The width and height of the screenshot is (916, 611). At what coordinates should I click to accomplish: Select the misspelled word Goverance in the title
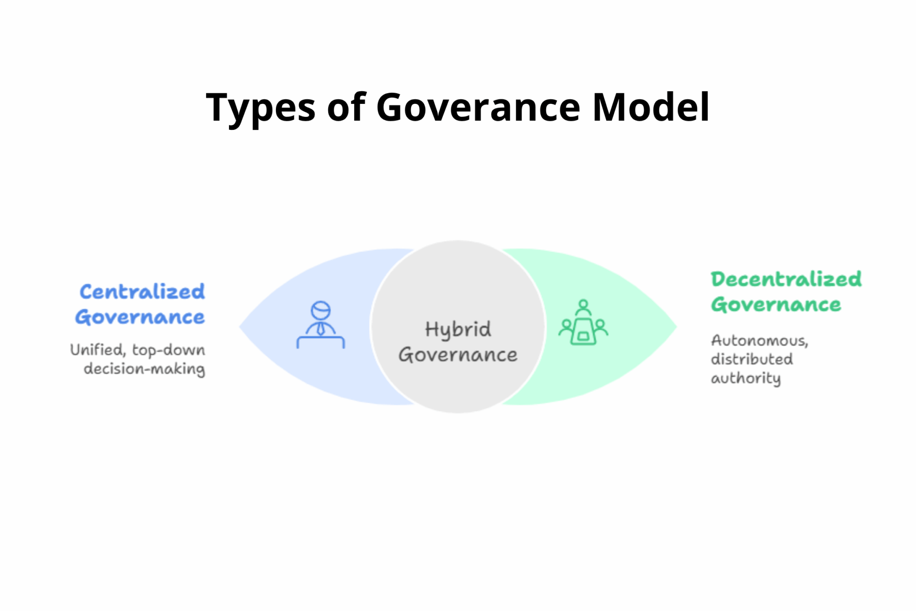coord(478,107)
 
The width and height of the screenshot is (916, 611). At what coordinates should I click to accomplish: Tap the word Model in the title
coord(651,107)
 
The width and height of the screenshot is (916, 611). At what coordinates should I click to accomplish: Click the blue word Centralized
coord(142,292)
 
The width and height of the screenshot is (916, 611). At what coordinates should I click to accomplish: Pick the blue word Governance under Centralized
coord(140,317)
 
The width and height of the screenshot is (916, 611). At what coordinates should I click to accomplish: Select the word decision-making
coord(144,369)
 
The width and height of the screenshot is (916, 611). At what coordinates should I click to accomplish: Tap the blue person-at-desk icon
coord(321,325)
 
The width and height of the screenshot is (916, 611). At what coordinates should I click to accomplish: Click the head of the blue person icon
coord(321,310)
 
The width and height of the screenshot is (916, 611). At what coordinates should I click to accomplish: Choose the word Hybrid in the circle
coord(458,330)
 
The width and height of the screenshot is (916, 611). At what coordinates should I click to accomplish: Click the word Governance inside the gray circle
coord(458,355)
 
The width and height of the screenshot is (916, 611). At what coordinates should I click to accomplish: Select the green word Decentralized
coord(786,279)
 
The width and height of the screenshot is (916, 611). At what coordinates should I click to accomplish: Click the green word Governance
coord(776,305)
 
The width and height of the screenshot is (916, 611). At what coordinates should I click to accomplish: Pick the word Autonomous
coord(759,341)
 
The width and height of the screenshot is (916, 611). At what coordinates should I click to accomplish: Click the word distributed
coord(752,359)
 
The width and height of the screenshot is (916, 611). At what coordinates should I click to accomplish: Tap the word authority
coord(746,378)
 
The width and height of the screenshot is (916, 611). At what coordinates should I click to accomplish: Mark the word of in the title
coord(347,107)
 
